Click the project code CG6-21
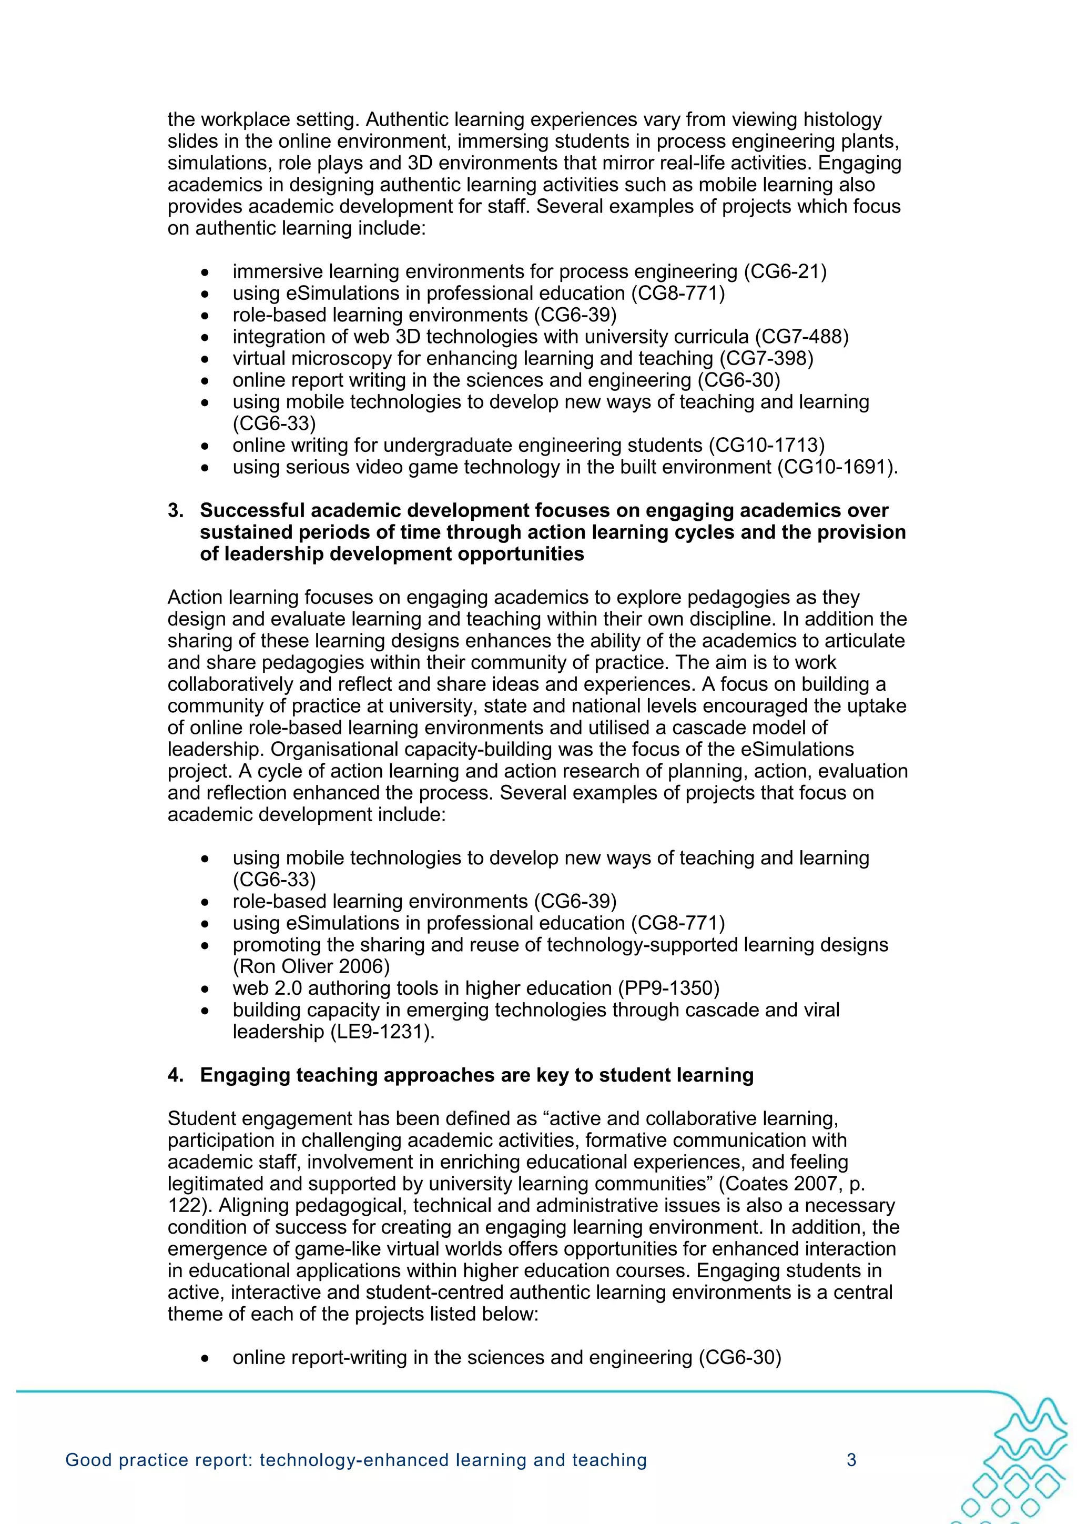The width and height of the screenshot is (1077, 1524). (785, 271)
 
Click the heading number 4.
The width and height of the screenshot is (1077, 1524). (175, 1075)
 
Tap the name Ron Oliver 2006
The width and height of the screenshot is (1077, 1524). (311, 966)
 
